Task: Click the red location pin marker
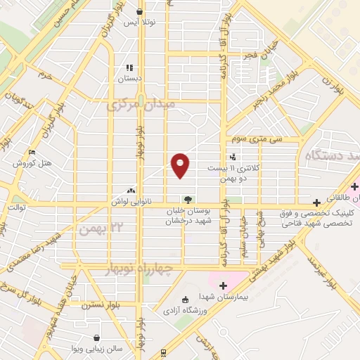pyautogui.click(x=181, y=165)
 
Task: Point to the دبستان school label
pyautogui.click(x=130, y=79)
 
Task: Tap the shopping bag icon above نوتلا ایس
pyautogui.click(x=139, y=12)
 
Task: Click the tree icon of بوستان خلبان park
pyautogui.click(x=187, y=198)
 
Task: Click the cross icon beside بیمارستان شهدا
pyautogui.click(x=224, y=285)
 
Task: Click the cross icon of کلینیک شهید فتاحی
pyautogui.click(x=317, y=202)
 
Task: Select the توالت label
pyautogui.click(x=16, y=208)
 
